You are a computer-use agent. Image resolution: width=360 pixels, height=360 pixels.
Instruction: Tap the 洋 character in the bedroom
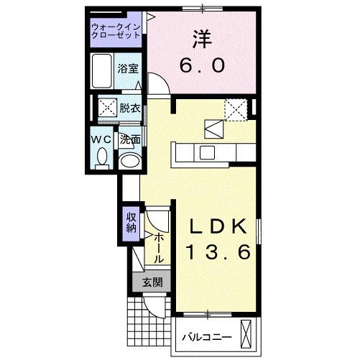coord(202,37)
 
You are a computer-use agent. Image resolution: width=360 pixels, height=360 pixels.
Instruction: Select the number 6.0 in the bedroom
coord(202,66)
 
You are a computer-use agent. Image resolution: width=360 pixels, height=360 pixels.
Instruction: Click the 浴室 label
coord(129,70)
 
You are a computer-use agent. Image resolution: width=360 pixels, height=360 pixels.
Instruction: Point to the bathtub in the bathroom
coord(103,70)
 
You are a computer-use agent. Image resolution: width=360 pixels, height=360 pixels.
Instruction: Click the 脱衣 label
coord(129,109)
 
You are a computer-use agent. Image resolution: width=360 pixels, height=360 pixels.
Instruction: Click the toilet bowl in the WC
coord(102,156)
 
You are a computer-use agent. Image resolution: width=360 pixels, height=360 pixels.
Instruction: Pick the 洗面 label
coord(129,139)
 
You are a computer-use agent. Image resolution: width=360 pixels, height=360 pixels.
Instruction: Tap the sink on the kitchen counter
coord(206,152)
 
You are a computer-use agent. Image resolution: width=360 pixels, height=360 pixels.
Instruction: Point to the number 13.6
coord(219,252)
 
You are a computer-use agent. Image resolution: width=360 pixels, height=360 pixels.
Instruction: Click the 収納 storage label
coord(131,223)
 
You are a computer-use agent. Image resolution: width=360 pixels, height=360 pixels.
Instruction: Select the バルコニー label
coord(206,336)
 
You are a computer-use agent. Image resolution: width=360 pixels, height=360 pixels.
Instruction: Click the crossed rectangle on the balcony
coord(248,334)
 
